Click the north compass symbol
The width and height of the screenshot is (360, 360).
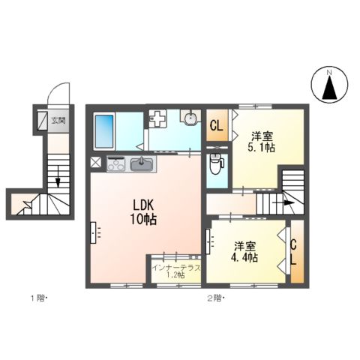click(328, 85)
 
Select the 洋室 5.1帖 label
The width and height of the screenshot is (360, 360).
click(262, 141)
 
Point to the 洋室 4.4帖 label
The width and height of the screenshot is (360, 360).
click(245, 251)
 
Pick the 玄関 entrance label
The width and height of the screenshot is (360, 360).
click(57, 121)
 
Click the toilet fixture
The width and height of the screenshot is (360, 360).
click(216, 161)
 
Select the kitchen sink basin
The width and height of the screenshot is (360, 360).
click(140, 163)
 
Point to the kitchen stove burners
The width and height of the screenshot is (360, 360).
click(116, 163)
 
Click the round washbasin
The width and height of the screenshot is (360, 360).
click(190, 118)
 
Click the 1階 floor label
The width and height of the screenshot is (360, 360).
click(37, 298)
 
